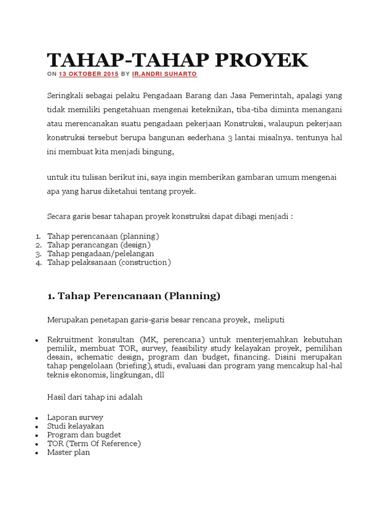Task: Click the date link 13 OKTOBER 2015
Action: (89, 74)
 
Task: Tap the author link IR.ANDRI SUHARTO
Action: (165, 74)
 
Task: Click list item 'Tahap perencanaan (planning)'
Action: (103, 236)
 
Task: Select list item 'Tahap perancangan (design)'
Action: (99, 245)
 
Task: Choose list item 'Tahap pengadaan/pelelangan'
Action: (101, 253)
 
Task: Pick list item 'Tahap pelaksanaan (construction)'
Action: (109, 262)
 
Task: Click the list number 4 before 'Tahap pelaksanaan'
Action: (39, 263)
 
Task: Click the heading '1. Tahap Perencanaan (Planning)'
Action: (134, 296)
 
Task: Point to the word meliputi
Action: (271, 319)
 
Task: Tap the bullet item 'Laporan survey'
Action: (75, 417)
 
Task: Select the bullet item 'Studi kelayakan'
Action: (76, 426)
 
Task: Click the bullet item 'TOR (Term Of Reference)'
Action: (94, 443)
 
